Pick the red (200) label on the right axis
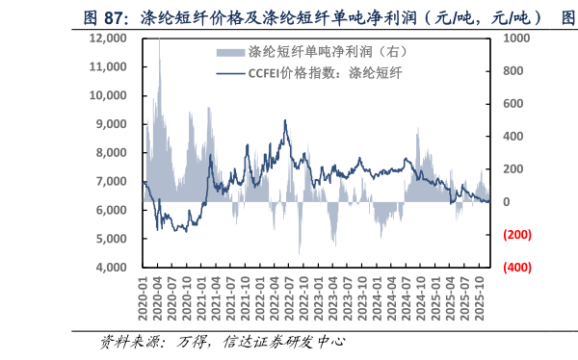pos(517,235)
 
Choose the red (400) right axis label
pos(517,268)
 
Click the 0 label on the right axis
pos(506,202)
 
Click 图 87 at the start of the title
pos(101,17)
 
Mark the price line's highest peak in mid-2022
pos(285,120)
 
